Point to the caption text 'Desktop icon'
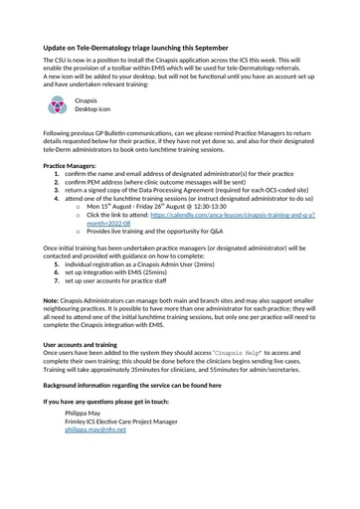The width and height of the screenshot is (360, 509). pyautogui.click(x=96, y=110)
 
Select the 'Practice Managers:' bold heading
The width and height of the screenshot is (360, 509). pyautogui.click(x=70, y=166)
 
